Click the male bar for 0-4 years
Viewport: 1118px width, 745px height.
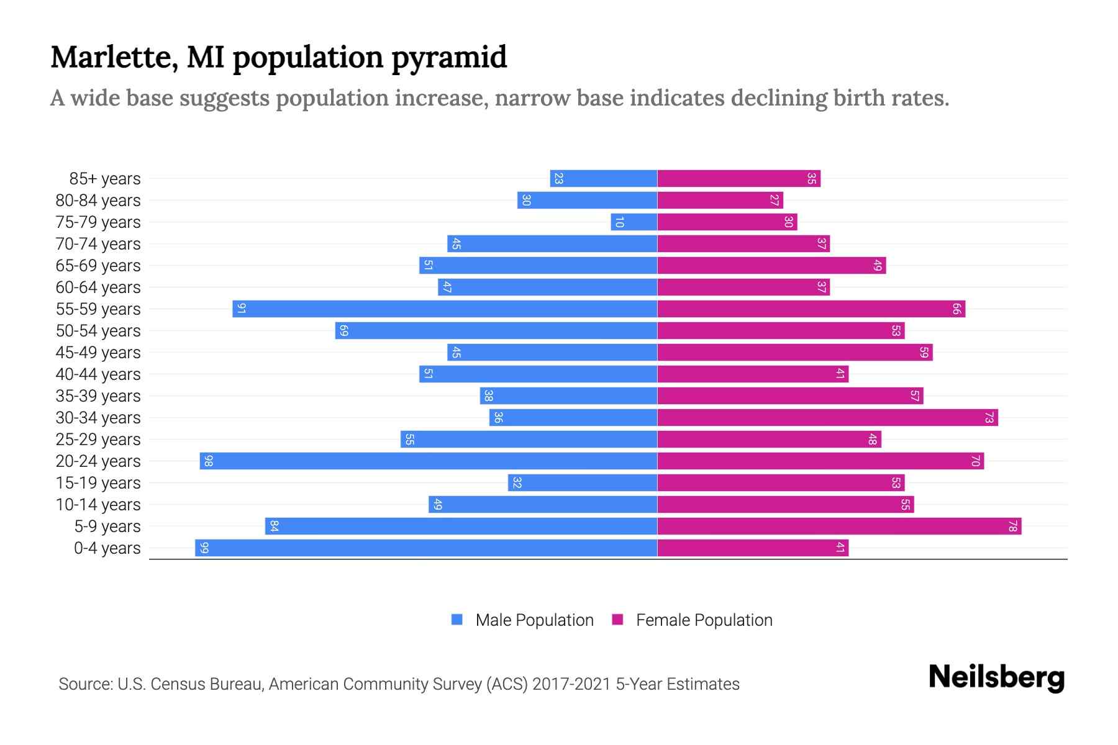426,548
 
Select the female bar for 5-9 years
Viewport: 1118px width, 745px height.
839,526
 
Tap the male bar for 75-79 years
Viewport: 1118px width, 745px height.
634,222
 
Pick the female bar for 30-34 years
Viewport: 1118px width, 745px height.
827,417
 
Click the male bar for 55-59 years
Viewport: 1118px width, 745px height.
445,309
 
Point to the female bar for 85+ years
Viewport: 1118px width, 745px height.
739,178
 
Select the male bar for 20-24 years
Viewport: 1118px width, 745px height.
429,461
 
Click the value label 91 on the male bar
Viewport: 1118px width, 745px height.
242,309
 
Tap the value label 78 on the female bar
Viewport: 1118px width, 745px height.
1012,526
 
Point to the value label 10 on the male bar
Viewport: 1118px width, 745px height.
619,222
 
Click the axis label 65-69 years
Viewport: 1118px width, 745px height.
98,266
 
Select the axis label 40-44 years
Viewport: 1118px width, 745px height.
98,374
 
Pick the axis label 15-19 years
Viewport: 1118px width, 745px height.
98,483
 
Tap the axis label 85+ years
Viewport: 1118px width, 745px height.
105,179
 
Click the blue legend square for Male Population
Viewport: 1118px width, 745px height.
457,620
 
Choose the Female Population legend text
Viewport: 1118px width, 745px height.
704,620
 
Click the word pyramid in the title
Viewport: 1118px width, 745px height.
449,58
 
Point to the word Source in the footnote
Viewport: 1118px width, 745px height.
84,684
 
